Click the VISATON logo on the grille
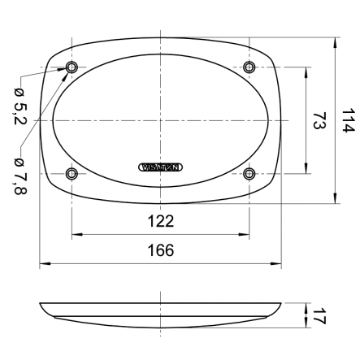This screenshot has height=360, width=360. coord(161,167)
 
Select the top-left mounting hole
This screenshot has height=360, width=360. coord(72,67)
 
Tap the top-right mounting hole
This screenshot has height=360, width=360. coord(249,67)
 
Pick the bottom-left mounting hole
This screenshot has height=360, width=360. coord(72,173)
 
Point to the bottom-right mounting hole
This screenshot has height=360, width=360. coord(249,173)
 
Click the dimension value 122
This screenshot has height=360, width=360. coord(161,221)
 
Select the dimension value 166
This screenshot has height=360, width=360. coord(161,250)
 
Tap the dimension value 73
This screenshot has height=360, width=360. coord(319,120)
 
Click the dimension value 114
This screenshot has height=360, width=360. coord(349,120)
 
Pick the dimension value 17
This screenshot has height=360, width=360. coord(319,315)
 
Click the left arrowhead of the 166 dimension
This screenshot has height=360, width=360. coord(43,263)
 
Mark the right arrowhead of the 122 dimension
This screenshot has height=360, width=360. coord(246,235)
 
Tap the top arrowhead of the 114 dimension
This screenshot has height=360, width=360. coord(336,40)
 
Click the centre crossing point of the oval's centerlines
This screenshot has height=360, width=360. coord(161,120)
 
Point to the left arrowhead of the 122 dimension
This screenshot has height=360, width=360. coord(75,235)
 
